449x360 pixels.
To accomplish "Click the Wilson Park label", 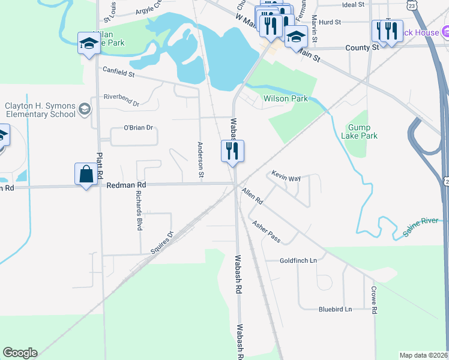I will [285, 98].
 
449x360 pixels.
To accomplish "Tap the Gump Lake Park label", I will [363, 132].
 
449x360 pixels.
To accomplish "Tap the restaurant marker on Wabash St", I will [232, 151].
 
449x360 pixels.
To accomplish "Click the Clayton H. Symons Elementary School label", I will [40, 110].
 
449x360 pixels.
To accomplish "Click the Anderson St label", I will [201, 160].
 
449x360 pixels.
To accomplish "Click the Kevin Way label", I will [286, 177].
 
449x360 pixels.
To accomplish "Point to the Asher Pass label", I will [266, 232].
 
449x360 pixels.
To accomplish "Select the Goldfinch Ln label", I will [298, 261].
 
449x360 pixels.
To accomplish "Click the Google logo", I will [20, 353].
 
